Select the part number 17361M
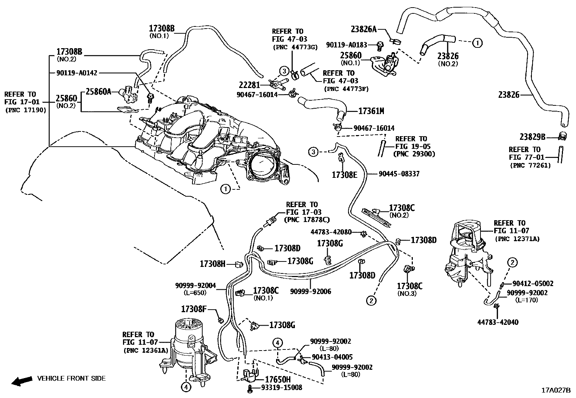coord(371,111)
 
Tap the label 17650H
coord(278,379)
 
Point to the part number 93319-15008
coord(281,388)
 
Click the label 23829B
coord(532,137)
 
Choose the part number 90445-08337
coord(399,174)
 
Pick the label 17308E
coord(344,175)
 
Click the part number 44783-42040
coord(497,322)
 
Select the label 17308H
coord(212,264)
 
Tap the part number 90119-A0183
coord(347,45)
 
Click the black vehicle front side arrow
coord(20,381)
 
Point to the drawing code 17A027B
coord(555,390)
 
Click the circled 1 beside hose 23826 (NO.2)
coord(477,43)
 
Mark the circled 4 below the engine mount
coord(185,387)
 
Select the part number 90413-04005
coord(332,357)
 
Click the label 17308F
coord(194,309)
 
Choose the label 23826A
coord(364,29)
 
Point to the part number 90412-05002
coord(533,284)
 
